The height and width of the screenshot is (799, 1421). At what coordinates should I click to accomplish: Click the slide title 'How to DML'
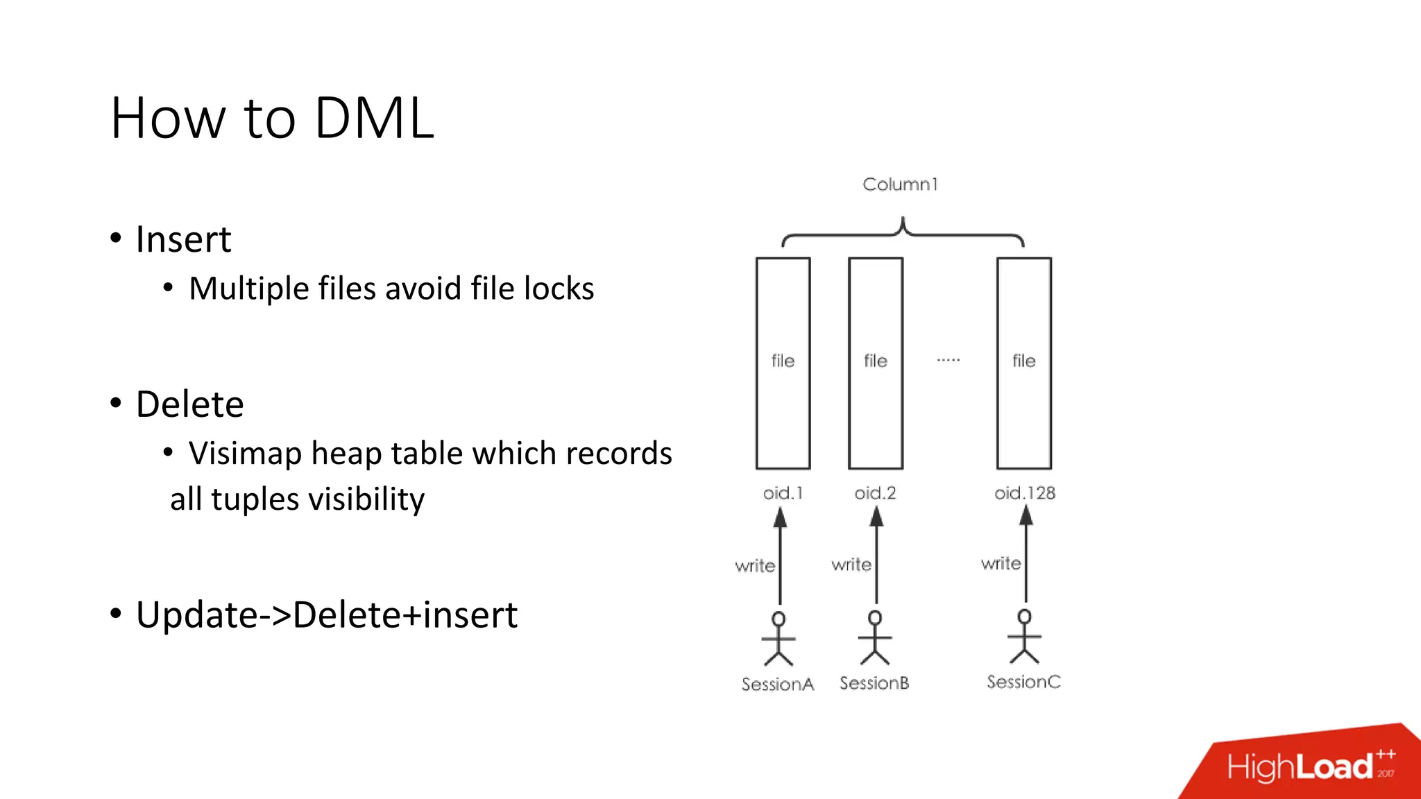(x=272, y=118)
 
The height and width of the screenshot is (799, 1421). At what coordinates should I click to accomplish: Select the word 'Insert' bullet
(x=183, y=239)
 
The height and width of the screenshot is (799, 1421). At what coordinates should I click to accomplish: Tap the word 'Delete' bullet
(x=189, y=404)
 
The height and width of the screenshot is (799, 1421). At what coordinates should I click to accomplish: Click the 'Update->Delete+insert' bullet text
(x=326, y=615)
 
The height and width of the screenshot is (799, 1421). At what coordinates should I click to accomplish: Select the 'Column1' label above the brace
(x=900, y=184)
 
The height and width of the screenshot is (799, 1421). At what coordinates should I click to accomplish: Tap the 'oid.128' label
(x=1024, y=493)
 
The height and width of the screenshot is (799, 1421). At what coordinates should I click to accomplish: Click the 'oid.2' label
(x=875, y=493)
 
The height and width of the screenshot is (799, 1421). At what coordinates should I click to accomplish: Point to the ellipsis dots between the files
(x=948, y=360)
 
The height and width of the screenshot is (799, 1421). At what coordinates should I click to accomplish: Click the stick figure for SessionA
(x=778, y=639)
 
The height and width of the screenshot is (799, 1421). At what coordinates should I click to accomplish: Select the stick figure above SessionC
(x=1024, y=637)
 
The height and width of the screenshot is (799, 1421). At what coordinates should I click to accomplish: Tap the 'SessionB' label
(x=874, y=683)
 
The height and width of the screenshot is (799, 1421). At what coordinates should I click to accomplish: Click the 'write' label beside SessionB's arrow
(x=851, y=565)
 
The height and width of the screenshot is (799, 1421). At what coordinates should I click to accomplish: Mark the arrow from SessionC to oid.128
(x=1026, y=555)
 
